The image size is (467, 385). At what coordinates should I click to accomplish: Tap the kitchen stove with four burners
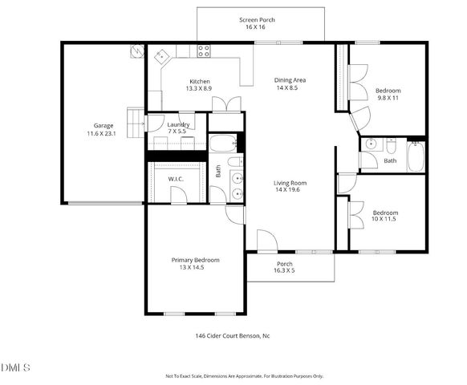coord(204,51)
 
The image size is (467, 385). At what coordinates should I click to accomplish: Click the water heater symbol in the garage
coord(136,51)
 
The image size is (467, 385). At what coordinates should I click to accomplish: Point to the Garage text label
coord(104,125)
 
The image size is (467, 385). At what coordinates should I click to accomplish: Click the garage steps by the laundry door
coord(136,116)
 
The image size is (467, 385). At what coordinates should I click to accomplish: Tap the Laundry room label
coord(178,124)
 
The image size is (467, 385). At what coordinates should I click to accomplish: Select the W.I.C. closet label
coord(176,179)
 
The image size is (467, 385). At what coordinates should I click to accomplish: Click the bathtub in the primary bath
coord(222,144)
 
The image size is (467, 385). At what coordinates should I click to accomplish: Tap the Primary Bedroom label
coord(195,260)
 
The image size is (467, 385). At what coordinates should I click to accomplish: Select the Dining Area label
coord(290,80)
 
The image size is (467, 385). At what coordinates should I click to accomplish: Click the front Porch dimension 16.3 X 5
coord(285,271)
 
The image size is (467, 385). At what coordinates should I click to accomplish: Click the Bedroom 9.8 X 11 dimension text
coord(388,98)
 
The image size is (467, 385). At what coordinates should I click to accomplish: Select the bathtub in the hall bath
coord(416,156)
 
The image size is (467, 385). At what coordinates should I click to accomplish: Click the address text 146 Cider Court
coord(233,336)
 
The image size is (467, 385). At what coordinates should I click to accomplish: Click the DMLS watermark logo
coord(16,367)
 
